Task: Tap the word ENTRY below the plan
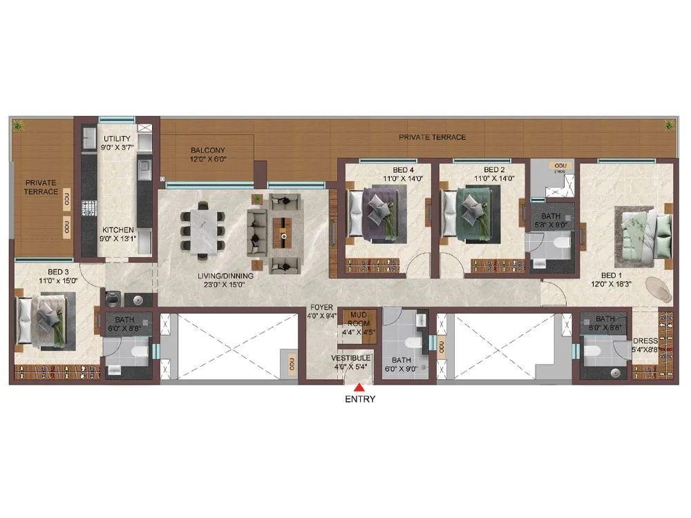point(359,399)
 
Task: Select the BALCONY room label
point(207,150)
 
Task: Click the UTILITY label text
point(117,139)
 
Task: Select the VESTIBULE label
point(350,358)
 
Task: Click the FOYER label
point(321,309)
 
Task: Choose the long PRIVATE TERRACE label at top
point(432,137)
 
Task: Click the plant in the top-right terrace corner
point(668,125)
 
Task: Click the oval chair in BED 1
point(659,289)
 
